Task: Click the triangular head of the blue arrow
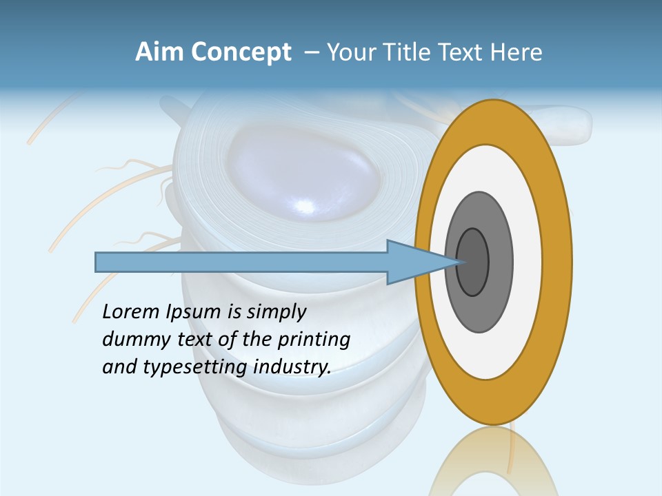pyautogui.click(x=414, y=262)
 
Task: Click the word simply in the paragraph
pyautogui.click(x=277, y=312)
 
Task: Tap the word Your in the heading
pyautogui.click(x=351, y=52)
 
